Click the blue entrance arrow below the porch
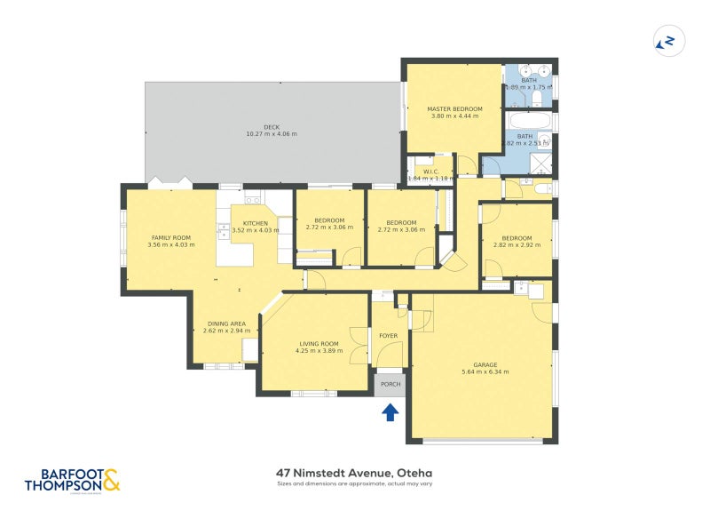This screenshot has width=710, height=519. pyautogui.click(x=390, y=411)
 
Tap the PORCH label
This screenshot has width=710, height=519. pyautogui.click(x=390, y=385)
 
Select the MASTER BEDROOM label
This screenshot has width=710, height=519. pyautogui.click(x=454, y=109)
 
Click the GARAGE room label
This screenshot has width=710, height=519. pyautogui.click(x=485, y=365)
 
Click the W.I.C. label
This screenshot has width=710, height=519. pyautogui.click(x=431, y=172)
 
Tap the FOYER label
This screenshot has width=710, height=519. pyautogui.click(x=389, y=336)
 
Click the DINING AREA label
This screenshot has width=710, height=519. pyautogui.click(x=226, y=323)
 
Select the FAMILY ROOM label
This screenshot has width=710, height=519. pyautogui.click(x=171, y=237)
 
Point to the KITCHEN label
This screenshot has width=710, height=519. pyautogui.click(x=256, y=223)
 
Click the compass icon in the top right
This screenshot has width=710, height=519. pyautogui.click(x=665, y=40)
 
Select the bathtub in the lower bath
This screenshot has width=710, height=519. pyautogui.click(x=528, y=122)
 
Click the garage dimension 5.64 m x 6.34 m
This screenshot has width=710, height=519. pyautogui.click(x=485, y=372)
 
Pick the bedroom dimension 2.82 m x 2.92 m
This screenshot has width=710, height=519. pyautogui.click(x=517, y=245)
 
